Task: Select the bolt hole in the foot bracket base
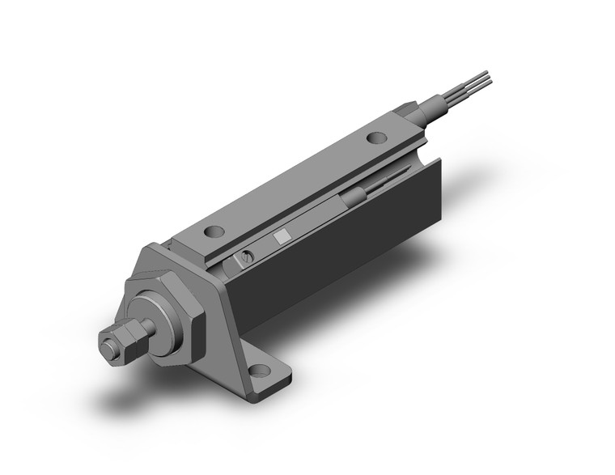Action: pyautogui.click(x=260, y=371)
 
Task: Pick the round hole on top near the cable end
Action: pyautogui.click(x=376, y=138)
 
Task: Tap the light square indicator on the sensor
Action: pyautogui.click(x=282, y=236)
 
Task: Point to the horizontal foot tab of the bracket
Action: pyautogui.click(x=259, y=376)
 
